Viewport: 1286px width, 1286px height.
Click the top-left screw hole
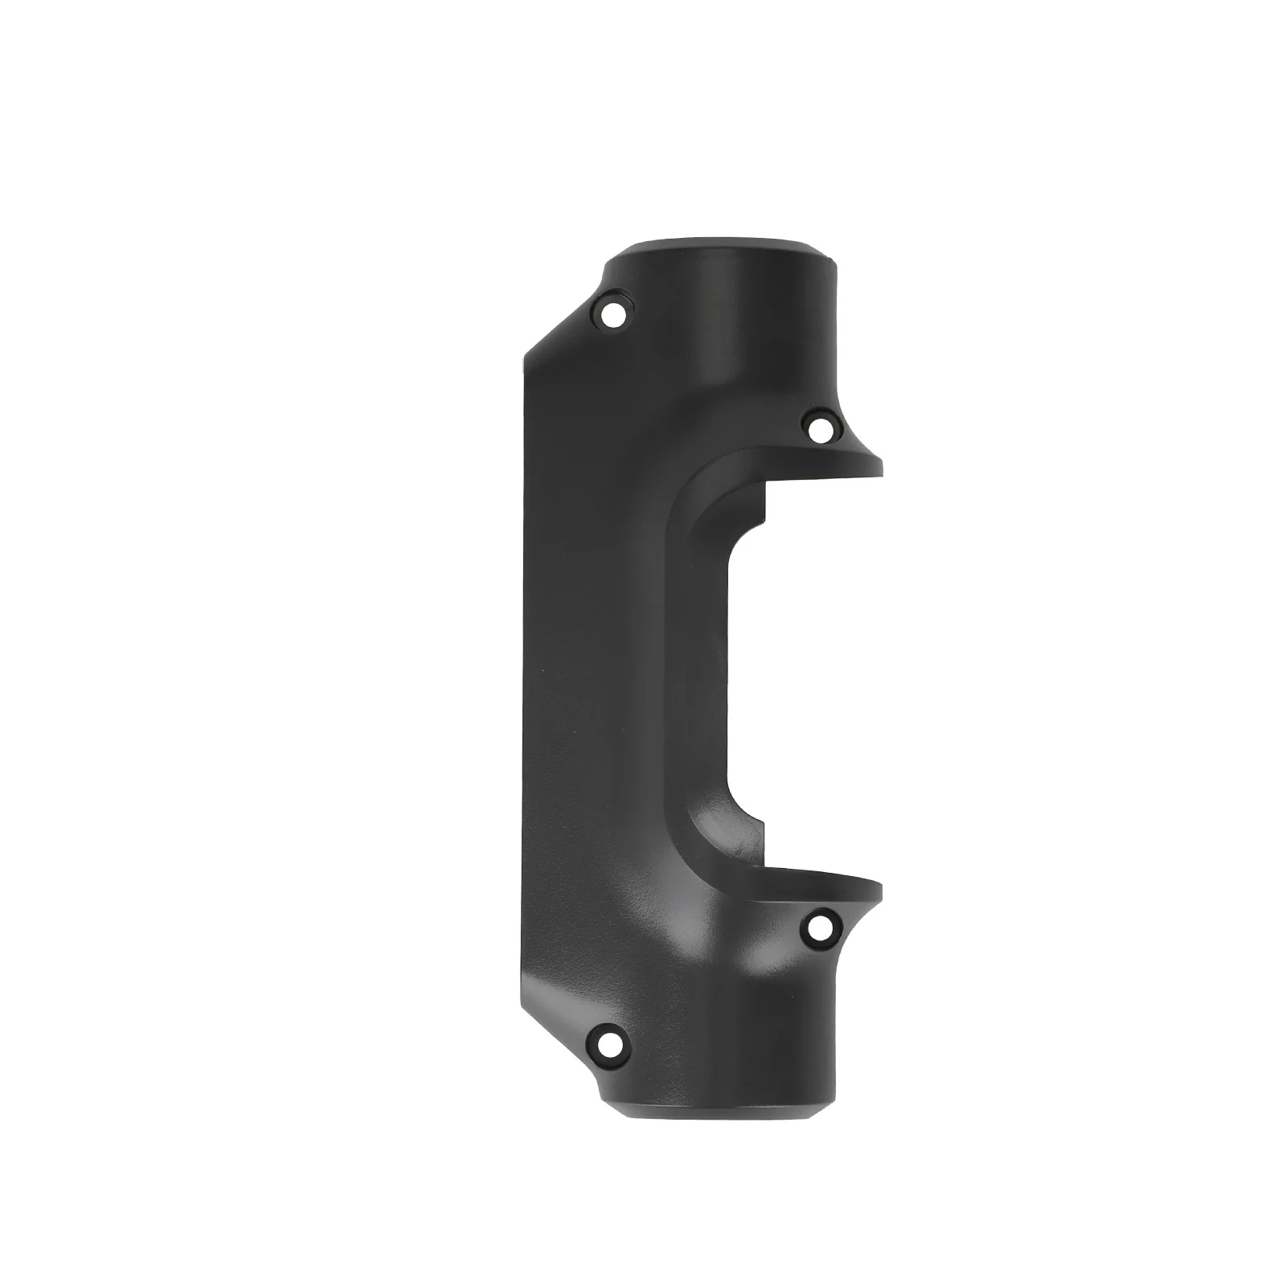(613, 313)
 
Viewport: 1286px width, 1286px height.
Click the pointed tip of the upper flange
(879, 467)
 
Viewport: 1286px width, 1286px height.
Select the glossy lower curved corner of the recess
(715, 844)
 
